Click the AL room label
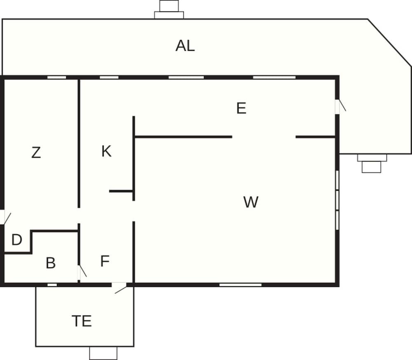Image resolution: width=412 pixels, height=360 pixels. pyautogui.click(x=185, y=46)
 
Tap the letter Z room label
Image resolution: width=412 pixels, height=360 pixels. pyautogui.click(x=36, y=153)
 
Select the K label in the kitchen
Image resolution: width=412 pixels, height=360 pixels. pyautogui.click(x=106, y=151)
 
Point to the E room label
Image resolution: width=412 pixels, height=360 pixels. pyautogui.click(x=241, y=108)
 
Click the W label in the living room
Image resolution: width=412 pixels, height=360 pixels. pyautogui.click(x=250, y=202)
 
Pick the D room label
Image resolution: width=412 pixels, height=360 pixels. pyautogui.click(x=17, y=240)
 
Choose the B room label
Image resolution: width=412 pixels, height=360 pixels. pyautogui.click(x=51, y=263)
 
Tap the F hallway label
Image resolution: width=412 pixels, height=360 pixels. pyautogui.click(x=105, y=261)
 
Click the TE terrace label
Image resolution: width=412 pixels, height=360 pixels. pyautogui.click(x=82, y=321)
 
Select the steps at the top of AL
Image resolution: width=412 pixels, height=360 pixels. pyautogui.click(x=169, y=9)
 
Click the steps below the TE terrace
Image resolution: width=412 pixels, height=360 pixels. pyautogui.click(x=103, y=353)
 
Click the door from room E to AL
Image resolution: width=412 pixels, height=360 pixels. pyautogui.click(x=340, y=106)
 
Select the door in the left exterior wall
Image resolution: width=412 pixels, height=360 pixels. pyautogui.click(x=5, y=217)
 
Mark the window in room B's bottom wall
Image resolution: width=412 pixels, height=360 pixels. pyautogui.click(x=52, y=285)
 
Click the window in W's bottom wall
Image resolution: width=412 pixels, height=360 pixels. pyautogui.click(x=241, y=285)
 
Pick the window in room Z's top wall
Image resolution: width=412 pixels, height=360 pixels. pyautogui.click(x=56, y=77)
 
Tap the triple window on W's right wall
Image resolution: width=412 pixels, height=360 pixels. pyautogui.click(x=337, y=200)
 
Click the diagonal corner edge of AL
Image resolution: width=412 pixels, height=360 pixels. pyautogui.click(x=389, y=42)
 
